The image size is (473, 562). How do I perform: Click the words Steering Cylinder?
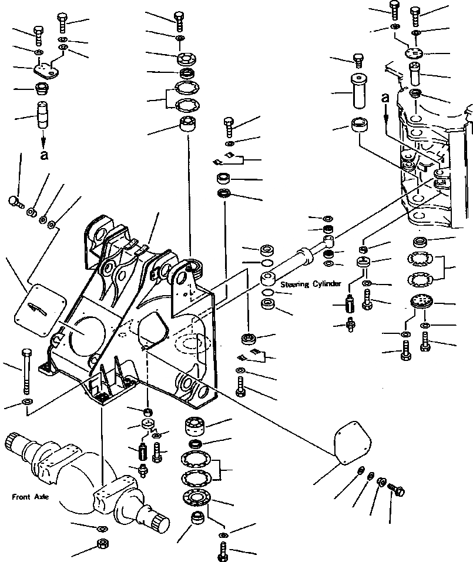tap(311, 284)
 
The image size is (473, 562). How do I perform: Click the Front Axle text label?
tap(30, 497)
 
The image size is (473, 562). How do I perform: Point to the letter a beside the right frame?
tap(385, 98)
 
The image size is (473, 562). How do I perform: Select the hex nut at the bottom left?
tap(100, 543)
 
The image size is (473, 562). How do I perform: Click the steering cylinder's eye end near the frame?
tap(329, 240)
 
